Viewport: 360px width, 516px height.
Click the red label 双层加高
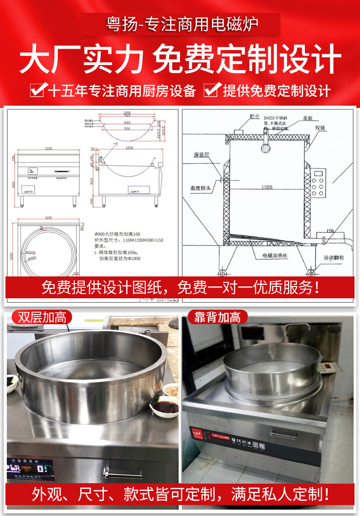click(42, 317)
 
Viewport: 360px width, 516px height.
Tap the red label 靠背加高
click(217, 317)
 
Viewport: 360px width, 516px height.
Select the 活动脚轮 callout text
click(334, 258)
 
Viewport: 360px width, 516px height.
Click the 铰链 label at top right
click(321, 128)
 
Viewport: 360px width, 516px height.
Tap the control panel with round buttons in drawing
click(319, 184)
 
